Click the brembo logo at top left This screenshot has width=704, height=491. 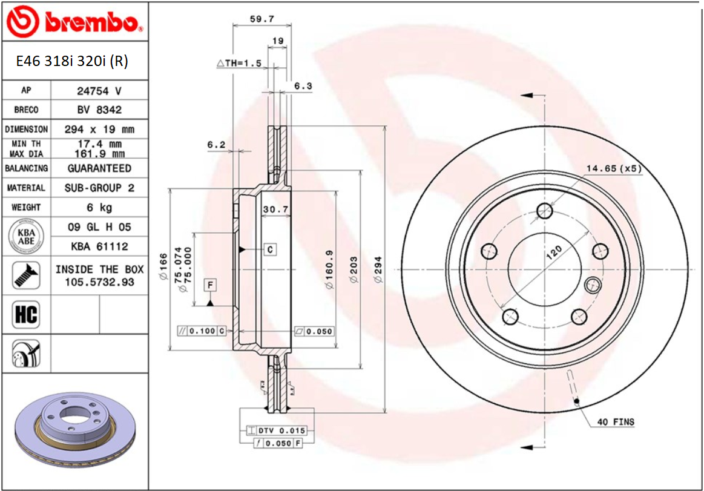pyautogui.click(x=74, y=22)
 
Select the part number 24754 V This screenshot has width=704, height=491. pyautogui.click(x=99, y=91)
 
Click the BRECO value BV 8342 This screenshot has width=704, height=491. pyautogui.click(x=99, y=110)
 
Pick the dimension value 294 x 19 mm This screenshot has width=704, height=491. pyautogui.click(x=99, y=130)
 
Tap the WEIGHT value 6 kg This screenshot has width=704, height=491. pyautogui.click(x=99, y=208)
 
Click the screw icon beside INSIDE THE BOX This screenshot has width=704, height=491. pyautogui.click(x=26, y=275)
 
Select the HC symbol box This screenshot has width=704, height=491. pyautogui.click(x=26, y=315)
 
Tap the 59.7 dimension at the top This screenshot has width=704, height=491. pyautogui.click(x=262, y=19)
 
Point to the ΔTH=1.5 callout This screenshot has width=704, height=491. pyautogui.click(x=239, y=63)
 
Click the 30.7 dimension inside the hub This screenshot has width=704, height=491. pyautogui.click(x=274, y=209)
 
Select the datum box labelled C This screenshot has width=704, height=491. pyautogui.click(x=269, y=249)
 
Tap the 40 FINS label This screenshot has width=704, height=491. pyautogui.click(x=616, y=421)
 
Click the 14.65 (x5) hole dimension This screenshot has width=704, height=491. pyautogui.click(x=613, y=168)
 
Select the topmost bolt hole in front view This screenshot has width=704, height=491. pyautogui.click(x=545, y=211)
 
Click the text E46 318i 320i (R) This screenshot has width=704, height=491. pyautogui.click(x=72, y=61)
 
